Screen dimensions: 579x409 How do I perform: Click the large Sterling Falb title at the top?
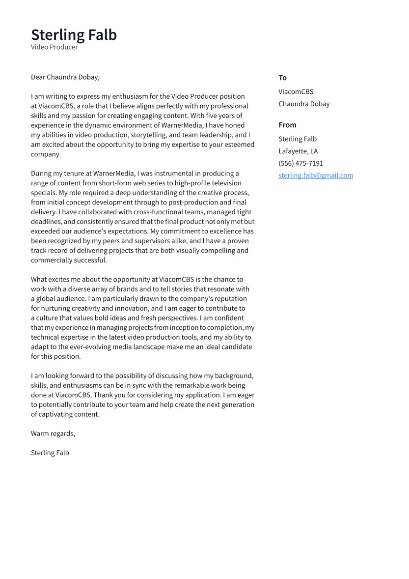coord(74,35)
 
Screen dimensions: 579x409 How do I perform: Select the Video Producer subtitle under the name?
coord(54,47)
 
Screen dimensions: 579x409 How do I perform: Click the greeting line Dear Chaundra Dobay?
coord(65,77)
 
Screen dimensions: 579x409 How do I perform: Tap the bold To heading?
coord(282,78)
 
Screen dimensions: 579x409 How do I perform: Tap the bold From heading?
coord(287,125)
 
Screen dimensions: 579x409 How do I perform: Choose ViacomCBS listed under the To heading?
coord(296,92)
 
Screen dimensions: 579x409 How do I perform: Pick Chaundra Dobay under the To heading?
coord(304,104)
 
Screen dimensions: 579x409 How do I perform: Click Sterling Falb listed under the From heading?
coord(298,139)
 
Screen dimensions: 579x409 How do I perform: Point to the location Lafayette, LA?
coord(298,151)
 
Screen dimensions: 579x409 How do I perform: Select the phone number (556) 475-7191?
coord(300,163)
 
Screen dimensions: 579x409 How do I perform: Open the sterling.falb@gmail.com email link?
coord(316,175)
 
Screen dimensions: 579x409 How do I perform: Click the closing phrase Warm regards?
coord(53,434)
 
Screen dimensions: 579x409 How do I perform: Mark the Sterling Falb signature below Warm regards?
coord(50,453)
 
